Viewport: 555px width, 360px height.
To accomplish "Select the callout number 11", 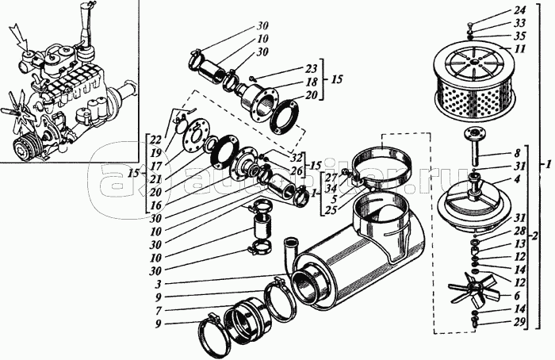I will click(x=519, y=48).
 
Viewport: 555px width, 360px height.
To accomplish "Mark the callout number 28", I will click(x=519, y=230).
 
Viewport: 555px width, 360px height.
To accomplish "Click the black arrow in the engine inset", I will click(x=17, y=36).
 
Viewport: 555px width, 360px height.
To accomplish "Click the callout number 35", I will click(x=519, y=36).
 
